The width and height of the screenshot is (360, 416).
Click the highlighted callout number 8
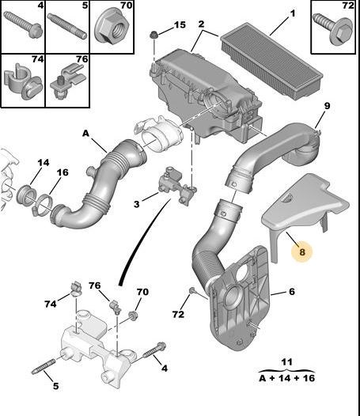(302, 251)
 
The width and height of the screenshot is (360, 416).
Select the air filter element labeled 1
(271, 60)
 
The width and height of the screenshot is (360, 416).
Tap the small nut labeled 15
(153, 34)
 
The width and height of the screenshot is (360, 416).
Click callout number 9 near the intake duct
(327, 106)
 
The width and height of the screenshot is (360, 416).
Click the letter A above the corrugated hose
(85, 133)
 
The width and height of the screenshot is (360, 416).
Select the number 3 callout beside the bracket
(136, 204)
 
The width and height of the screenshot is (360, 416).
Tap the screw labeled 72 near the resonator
(191, 291)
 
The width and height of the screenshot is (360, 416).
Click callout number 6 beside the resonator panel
(292, 292)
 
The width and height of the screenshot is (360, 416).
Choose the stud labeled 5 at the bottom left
(44, 367)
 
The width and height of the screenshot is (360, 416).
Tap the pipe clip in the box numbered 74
(23, 81)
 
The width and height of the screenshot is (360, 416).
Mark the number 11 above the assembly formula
(286, 362)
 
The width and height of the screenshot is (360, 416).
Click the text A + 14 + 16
(286, 378)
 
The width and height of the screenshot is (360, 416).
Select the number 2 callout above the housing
(201, 25)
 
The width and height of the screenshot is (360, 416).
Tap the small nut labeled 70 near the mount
(133, 316)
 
